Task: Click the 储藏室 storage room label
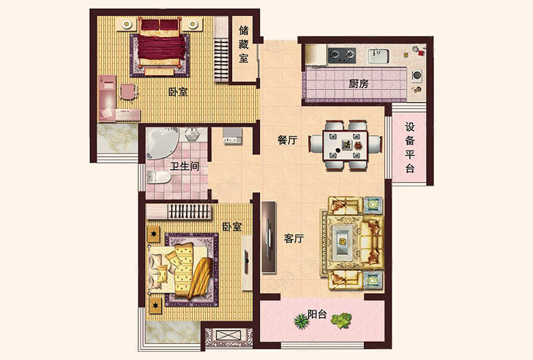pos(244,44)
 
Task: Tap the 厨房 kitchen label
pos(359,83)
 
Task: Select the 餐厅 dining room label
pos(287,139)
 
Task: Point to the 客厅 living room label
pos(294,238)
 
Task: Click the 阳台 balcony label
pos(317,314)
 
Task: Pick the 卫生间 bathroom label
pos(185,166)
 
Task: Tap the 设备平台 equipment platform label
pos(410,148)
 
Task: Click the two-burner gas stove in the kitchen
pos(342,55)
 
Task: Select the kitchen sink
pos(378,56)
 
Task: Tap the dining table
pos(345,145)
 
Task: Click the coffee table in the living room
pos(342,241)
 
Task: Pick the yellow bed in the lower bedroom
pos(180,269)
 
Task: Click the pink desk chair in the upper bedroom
pos(129,92)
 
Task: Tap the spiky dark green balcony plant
pos(301,321)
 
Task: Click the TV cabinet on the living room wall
pos(269,237)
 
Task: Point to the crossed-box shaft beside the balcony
pos(224,335)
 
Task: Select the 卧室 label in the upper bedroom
pos(178,92)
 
